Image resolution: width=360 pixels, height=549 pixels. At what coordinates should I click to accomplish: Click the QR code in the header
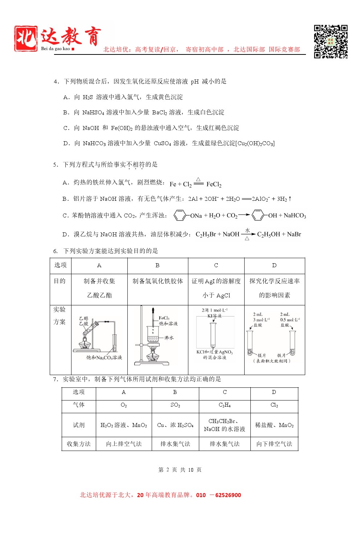point(331,41)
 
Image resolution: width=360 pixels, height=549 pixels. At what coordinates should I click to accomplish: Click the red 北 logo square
point(26,38)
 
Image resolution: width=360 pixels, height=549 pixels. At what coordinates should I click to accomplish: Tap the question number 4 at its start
point(56,82)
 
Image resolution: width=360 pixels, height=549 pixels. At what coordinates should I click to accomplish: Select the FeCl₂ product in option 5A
point(214,184)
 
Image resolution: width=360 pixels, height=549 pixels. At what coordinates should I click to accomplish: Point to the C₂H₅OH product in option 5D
point(269,235)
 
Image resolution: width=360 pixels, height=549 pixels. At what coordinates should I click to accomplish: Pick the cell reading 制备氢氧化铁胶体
point(157,281)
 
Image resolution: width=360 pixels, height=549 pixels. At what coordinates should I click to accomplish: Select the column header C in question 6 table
point(216,265)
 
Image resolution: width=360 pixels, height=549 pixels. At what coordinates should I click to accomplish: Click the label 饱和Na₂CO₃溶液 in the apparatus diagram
point(104,358)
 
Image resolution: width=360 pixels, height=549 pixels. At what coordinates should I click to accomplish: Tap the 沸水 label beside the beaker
point(169,338)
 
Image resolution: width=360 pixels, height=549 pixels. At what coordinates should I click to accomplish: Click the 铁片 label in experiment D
point(282,355)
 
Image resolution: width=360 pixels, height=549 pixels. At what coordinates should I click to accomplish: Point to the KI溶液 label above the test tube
point(214,316)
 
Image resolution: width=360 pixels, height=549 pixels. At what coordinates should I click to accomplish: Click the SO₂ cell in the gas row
point(175,405)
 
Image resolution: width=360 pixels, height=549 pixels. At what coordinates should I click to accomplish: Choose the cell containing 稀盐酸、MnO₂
point(274,425)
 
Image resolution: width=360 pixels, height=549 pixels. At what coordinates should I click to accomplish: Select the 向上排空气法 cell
point(124,444)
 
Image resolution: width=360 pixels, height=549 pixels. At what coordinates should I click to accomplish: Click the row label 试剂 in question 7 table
point(79,425)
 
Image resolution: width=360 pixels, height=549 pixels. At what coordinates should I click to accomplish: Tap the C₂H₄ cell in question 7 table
point(225,405)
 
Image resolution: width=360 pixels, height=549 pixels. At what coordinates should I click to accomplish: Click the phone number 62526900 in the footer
point(228,495)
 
